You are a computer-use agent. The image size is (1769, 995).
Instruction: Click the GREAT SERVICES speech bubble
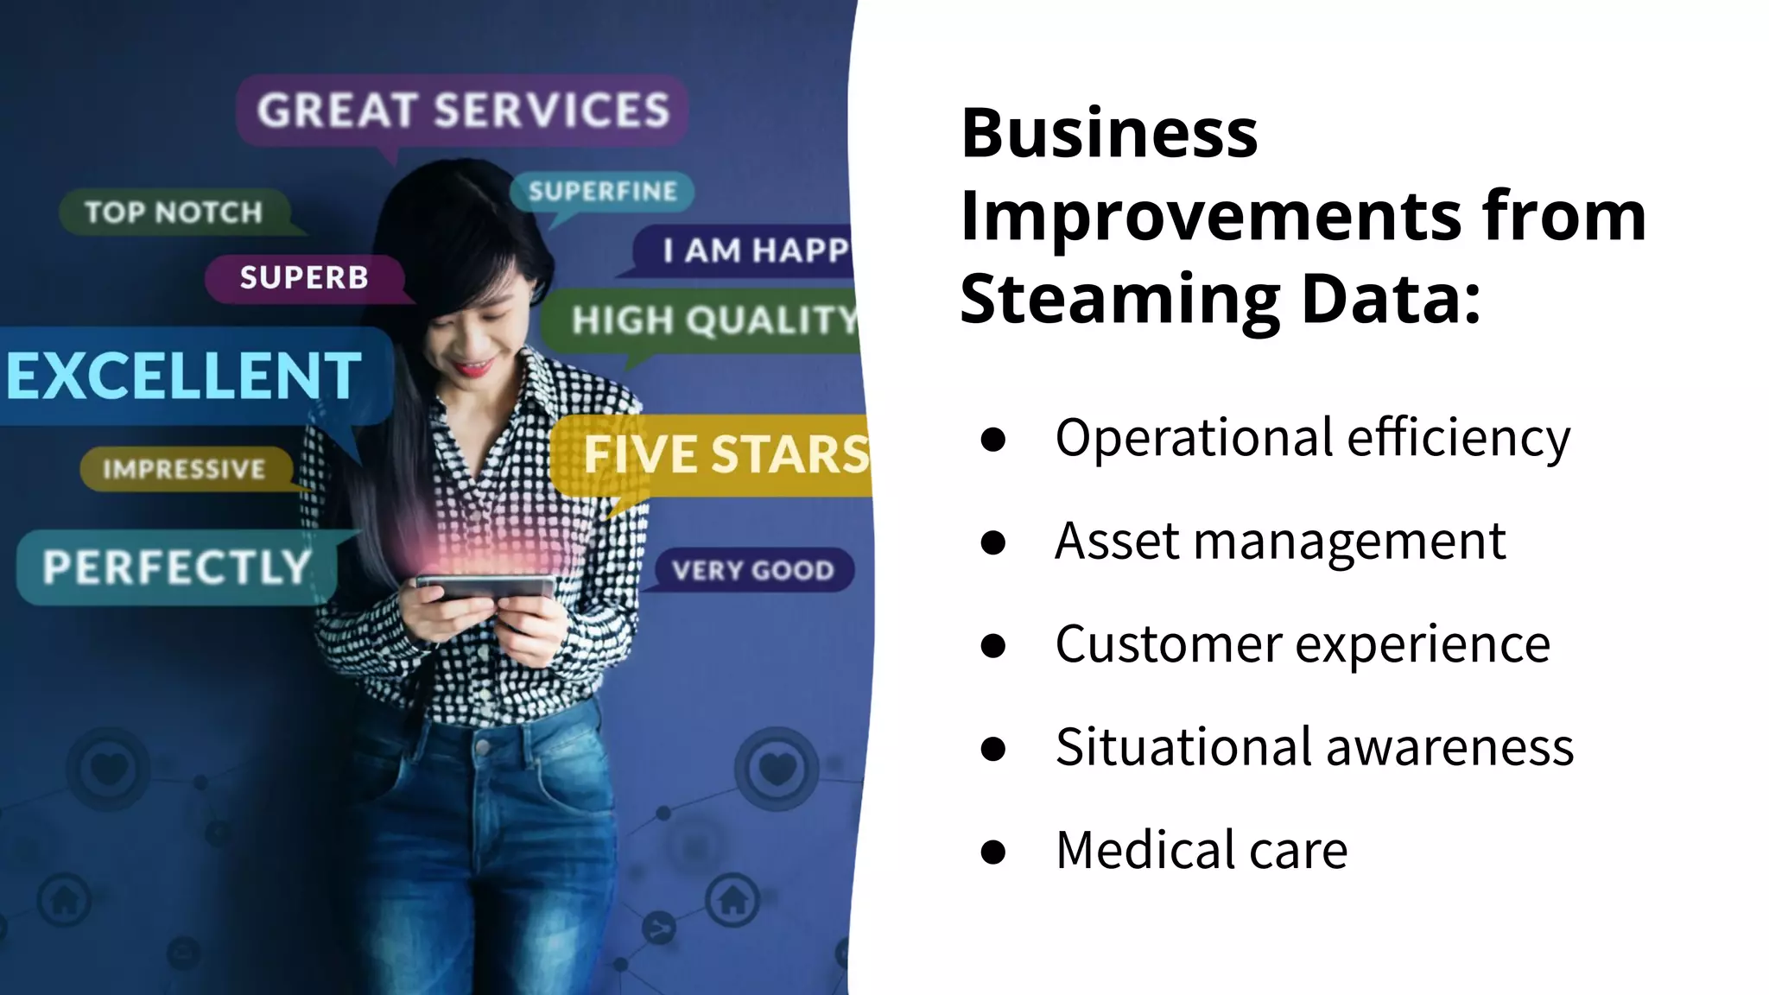(462, 111)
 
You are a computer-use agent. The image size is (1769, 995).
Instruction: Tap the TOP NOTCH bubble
(173, 212)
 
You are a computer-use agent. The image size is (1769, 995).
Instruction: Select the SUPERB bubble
(304, 278)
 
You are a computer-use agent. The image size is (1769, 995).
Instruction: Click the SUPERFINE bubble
(602, 192)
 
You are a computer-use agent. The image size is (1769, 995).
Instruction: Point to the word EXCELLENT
(183, 377)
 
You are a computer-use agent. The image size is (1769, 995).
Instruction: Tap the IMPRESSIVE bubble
(184, 469)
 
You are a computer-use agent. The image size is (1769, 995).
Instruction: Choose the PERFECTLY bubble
(177, 567)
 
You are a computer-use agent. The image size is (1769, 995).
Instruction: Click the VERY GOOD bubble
(752, 571)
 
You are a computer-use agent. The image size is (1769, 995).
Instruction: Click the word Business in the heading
(1109, 134)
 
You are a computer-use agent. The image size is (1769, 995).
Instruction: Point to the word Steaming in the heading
(1119, 300)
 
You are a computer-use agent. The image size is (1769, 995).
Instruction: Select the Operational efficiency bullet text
(1312, 438)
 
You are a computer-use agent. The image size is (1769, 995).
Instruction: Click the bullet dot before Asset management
(993, 542)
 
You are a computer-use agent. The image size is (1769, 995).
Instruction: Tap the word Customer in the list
(1168, 644)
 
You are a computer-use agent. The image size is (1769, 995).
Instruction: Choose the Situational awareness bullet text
(1314, 747)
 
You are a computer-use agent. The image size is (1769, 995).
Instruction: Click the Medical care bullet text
(1201, 850)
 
